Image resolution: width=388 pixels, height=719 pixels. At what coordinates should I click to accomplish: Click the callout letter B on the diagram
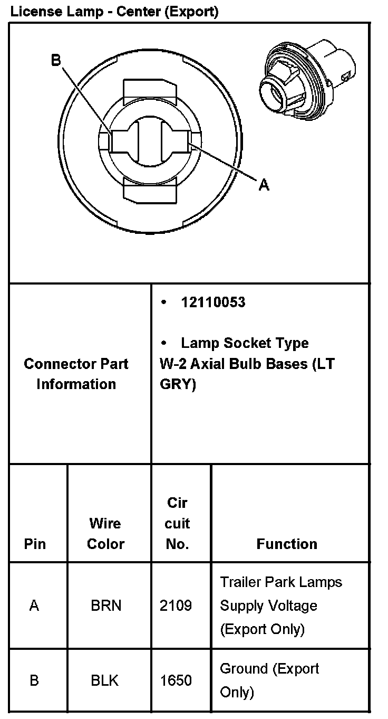coord(56,60)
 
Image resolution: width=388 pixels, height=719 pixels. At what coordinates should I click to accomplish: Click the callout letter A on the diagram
coord(264,184)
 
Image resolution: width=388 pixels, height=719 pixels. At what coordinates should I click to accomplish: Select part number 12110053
coord(213,302)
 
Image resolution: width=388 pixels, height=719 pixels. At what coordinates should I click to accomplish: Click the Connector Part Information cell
coord(76,374)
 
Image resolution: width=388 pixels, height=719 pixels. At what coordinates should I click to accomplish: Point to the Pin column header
coord(35,544)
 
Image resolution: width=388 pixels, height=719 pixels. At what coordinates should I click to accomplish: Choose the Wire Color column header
coord(105,533)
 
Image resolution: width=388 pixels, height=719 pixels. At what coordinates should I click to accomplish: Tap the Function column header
coord(287,544)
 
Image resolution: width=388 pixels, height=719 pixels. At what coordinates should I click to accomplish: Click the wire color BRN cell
coord(106,606)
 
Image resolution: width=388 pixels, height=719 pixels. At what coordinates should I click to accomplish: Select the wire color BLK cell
coord(106,680)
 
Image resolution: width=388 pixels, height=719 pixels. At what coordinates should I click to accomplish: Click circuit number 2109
coord(176,606)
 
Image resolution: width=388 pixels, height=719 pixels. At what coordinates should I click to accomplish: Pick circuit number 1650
coord(176,680)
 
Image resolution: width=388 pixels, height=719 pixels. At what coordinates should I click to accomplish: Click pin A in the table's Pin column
coord(34,606)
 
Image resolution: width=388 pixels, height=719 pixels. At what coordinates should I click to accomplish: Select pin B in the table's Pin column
coord(34,680)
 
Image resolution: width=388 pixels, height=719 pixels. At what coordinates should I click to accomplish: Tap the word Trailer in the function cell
coord(236,582)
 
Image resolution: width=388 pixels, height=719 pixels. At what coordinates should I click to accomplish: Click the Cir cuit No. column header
coord(177,523)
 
